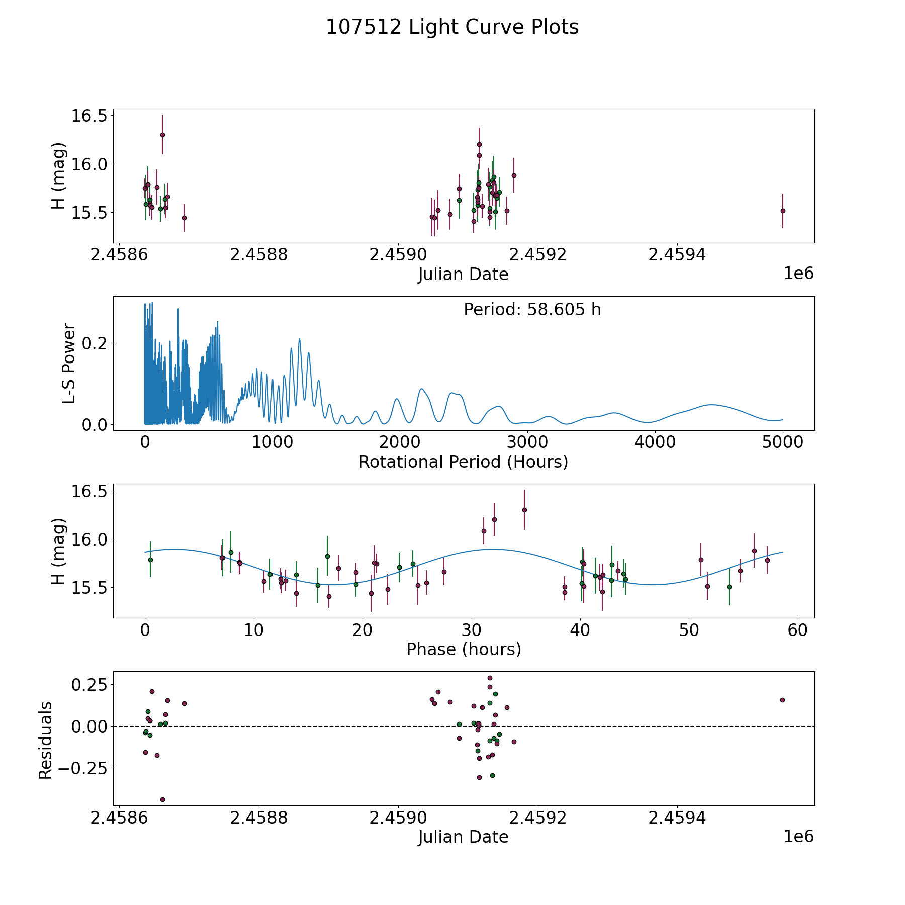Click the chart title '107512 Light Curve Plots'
pyautogui.click(x=452, y=27)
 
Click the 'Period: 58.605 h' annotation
pyautogui.click(x=532, y=310)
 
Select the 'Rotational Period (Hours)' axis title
pyautogui.click(x=463, y=462)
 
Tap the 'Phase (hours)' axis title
pyautogui.click(x=464, y=649)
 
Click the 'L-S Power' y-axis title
pyautogui.click(x=69, y=364)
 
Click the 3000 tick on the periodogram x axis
pyautogui.click(x=527, y=442)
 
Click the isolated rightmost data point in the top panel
pyautogui.click(x=783, y=211)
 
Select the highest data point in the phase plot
pyautogui.click(x=524, y=510)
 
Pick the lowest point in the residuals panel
pyautogui.click(x=162, y=799)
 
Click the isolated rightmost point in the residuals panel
pyautogui.click(x=782, y=700)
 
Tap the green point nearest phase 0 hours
pyautogui.click(x=150, y=560)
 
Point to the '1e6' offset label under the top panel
pyautogui.click(x=798, y=274)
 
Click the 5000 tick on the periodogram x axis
pyautogui.click(x=782, y=442)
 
